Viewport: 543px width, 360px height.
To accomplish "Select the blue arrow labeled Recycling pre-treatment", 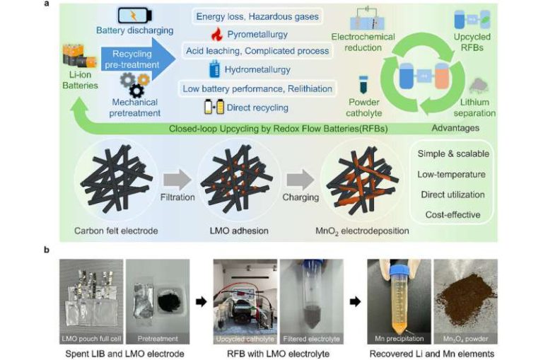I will (134, 58).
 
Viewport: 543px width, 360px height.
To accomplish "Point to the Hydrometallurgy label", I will (257, 69).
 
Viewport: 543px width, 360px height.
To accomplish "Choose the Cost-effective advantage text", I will (453, 214).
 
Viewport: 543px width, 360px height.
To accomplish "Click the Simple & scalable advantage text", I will (453, 154).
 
